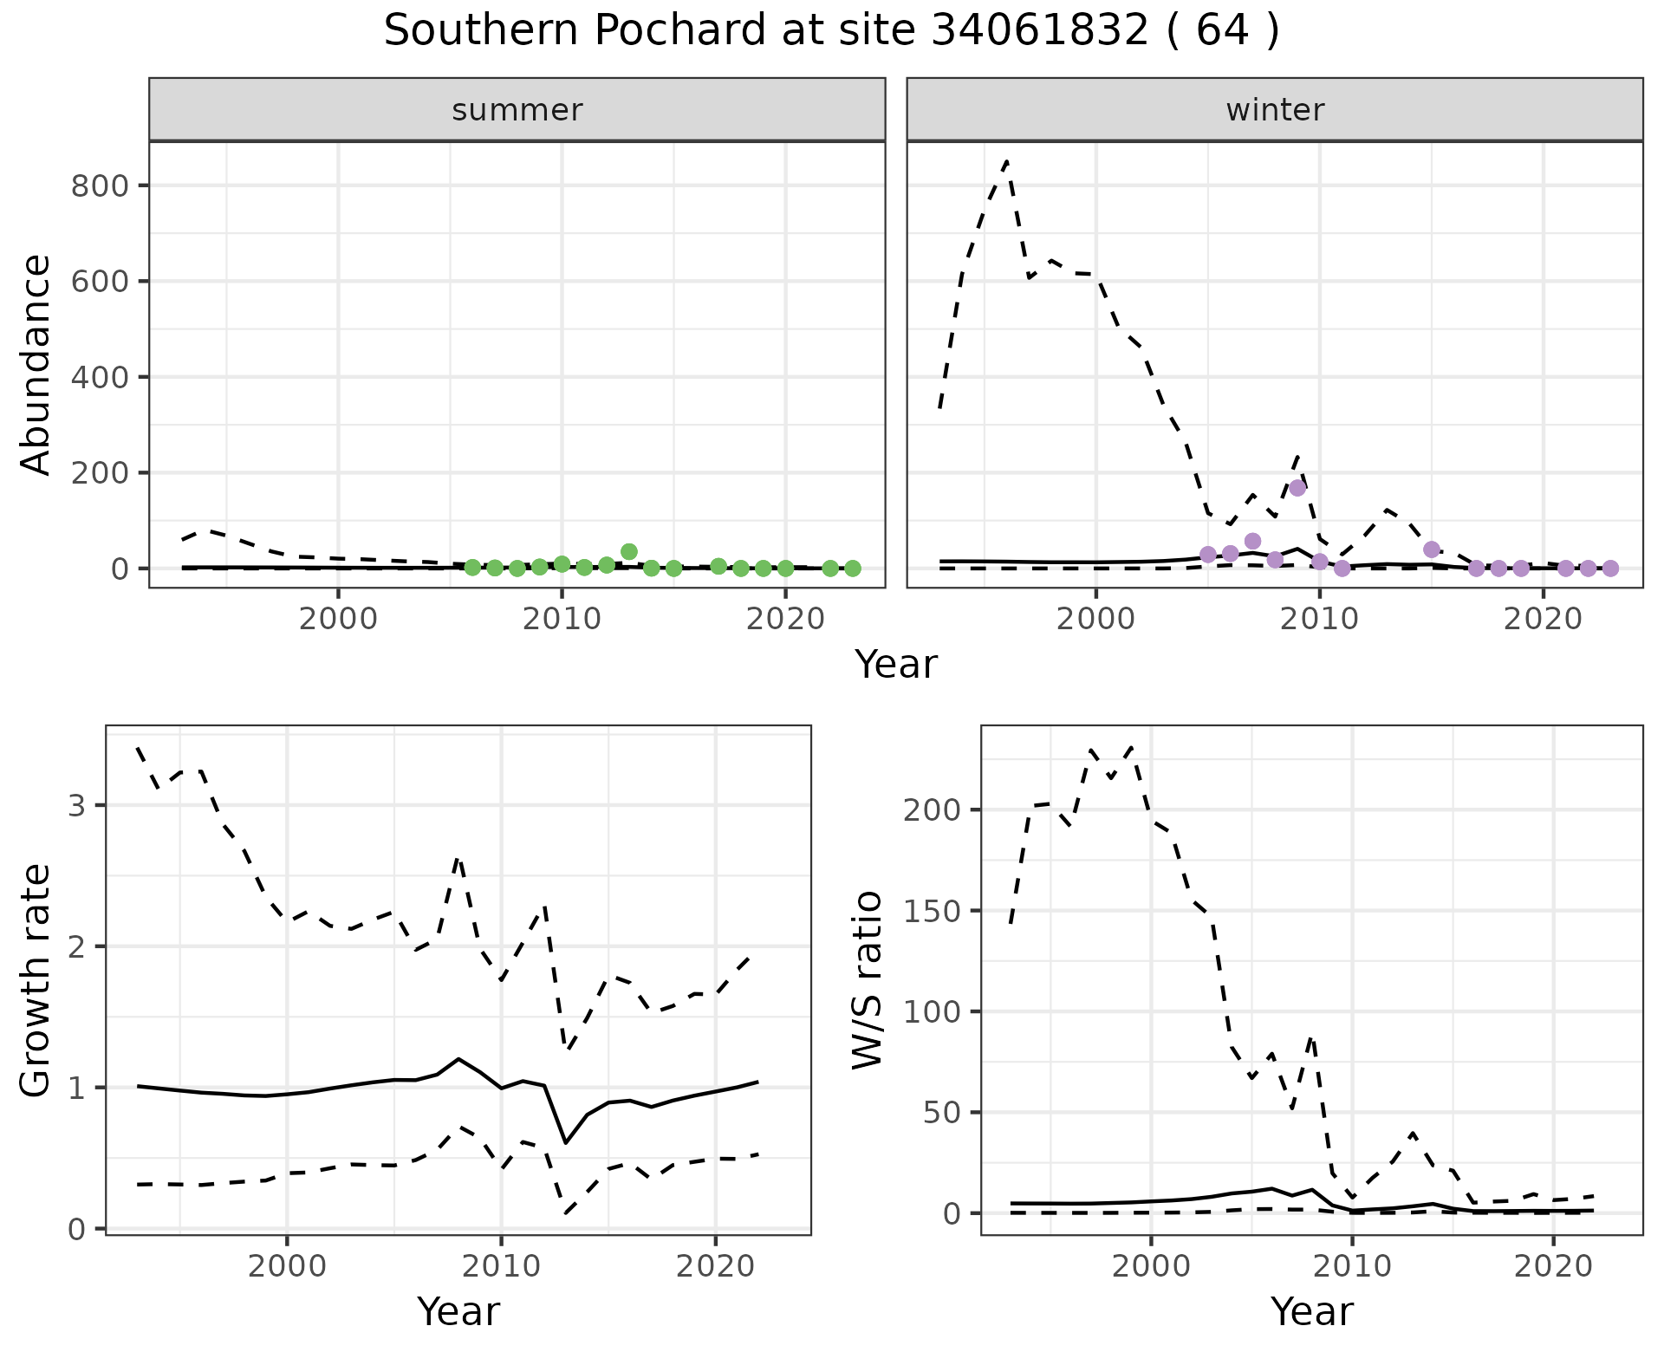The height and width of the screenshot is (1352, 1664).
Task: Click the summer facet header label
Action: [x=517, y=110]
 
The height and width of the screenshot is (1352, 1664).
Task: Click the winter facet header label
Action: [x=1275, y=110]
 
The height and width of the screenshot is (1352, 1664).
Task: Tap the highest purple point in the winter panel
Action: [x=1297, y=488]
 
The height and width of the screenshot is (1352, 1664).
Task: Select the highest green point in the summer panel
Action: [x=629, y=552]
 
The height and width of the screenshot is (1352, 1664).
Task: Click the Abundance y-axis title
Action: [x=36, y=364]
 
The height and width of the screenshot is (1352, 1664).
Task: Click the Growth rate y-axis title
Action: [x=36, y=979]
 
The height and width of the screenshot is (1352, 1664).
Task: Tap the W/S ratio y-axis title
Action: [x=868, y=979]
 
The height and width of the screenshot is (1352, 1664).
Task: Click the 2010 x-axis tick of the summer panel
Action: [x=562, y=619]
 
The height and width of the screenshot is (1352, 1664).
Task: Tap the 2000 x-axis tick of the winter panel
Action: [x=1095, y=619]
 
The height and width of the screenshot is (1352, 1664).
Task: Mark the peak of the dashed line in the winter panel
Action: [x=1006, y=161]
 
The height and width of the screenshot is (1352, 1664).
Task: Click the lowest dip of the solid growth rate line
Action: [x=566, y=1142]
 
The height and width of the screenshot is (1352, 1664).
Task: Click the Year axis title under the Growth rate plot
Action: [x=458, y=1311]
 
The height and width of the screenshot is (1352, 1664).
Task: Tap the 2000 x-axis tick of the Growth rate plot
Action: [x=287, y=1266]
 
